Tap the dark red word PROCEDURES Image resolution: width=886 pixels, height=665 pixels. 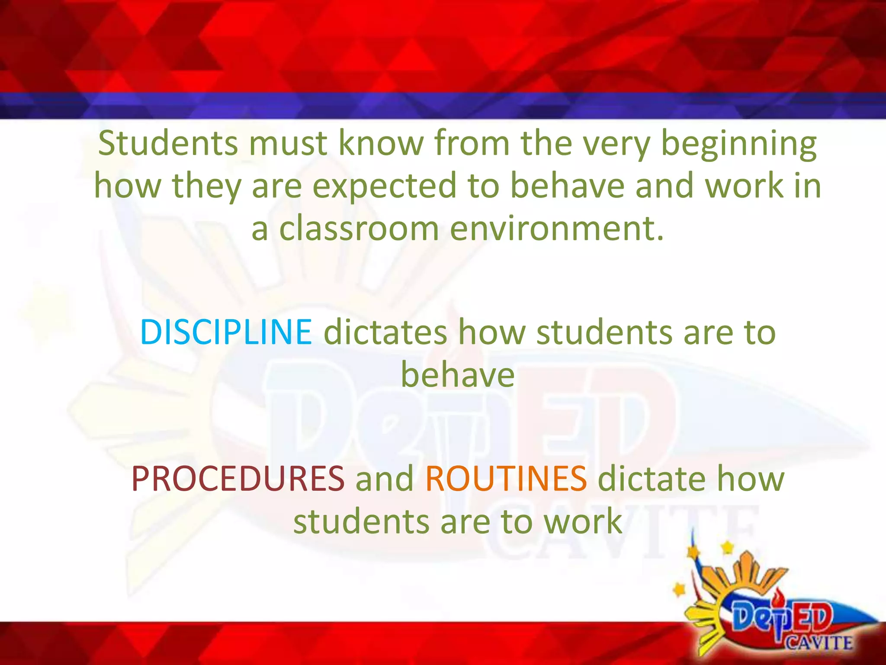tap(238, 479)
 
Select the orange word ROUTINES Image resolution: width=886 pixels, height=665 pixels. tap(506, 479)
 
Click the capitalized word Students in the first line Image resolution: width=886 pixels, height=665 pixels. tap(168, 143)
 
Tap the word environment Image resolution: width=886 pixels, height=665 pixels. tap(556, 229)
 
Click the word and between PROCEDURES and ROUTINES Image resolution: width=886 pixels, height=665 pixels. tap(385, 479)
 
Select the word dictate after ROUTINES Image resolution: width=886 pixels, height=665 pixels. tap(651, 479)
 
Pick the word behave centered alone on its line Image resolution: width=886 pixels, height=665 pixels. tap(458, 375)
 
